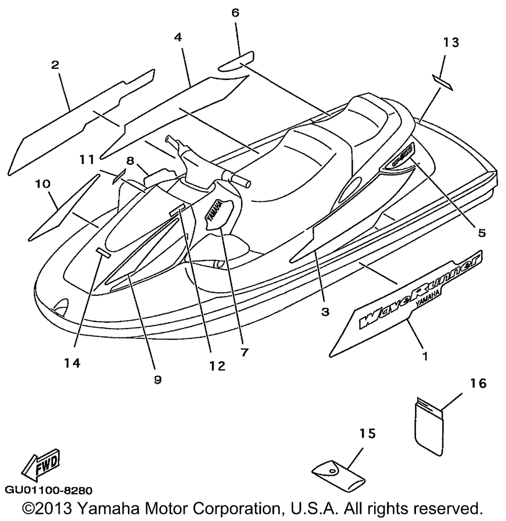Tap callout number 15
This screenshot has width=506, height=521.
[368, 433]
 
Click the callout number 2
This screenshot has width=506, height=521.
[55, 65]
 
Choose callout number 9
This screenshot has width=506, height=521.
[157, 379]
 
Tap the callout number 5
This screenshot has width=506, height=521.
[481, 233]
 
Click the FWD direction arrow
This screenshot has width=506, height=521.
[41, 465]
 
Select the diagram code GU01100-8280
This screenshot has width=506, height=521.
[49, 490]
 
